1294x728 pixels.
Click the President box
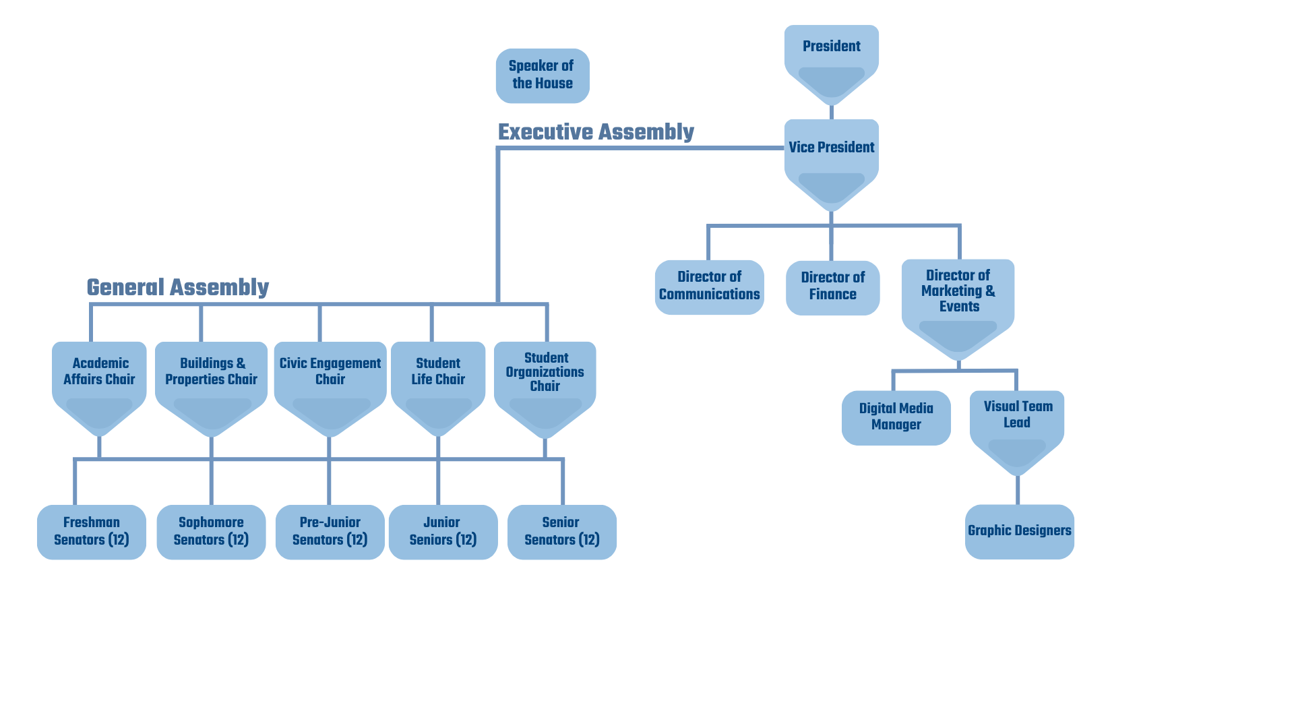coord(831,54)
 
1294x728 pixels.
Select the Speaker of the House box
coord(543,75)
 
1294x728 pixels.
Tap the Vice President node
coord(831,152)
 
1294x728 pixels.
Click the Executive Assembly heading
coord(596,132)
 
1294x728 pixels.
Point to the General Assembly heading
coord(178,287)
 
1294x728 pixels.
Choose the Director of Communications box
coord(709,286)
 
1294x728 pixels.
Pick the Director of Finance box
coord(832,287)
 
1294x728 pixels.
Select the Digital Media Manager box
coord(896,417)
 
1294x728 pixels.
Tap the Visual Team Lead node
coord(1017,418)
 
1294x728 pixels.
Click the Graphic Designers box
coord(1019,531)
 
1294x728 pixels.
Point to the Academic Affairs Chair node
coord(99,374)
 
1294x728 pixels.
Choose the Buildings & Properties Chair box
coord(211,374)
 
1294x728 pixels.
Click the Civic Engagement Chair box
coord(330,374)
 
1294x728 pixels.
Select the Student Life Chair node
coord(438,374)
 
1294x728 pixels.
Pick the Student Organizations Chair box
coord(545,374)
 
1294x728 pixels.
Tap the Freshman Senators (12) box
coord(91,531)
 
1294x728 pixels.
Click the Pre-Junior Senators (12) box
coord(330,531)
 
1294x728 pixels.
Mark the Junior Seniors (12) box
coord(443,531)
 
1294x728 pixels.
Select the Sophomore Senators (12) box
coord(211,531)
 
